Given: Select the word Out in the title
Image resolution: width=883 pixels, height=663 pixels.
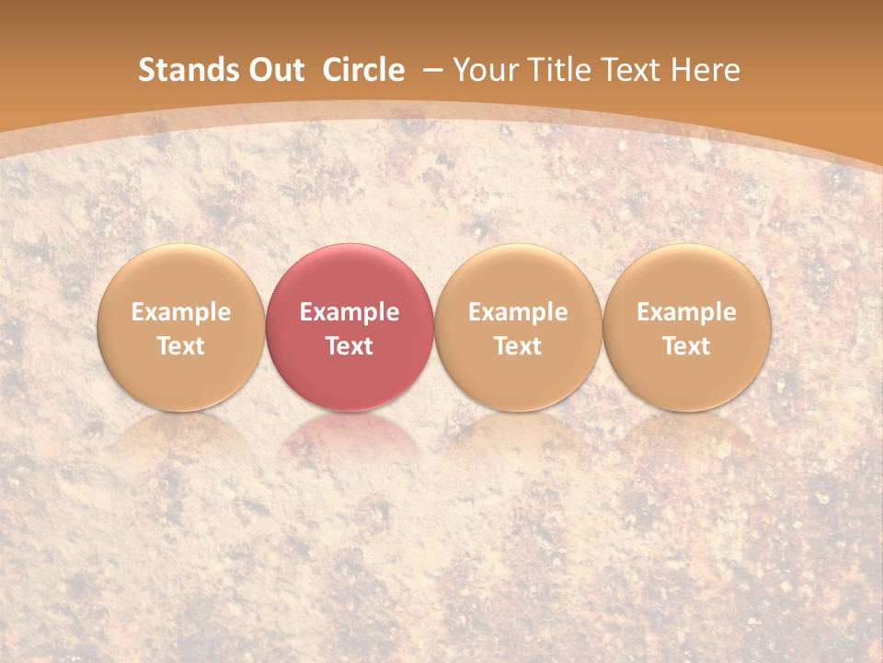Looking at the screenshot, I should [x=274, y=70].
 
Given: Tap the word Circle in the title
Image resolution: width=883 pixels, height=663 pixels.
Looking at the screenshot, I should [x=363, y=70].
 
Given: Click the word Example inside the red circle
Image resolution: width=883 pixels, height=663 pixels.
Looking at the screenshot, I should [x=350, y=312].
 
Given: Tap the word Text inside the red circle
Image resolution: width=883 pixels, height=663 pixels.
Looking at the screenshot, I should [x=350, y=346].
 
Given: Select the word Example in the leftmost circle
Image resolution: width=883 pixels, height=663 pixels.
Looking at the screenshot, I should [x=181, y=312].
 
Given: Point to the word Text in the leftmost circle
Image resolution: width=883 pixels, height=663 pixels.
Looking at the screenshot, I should [x=181, y=346].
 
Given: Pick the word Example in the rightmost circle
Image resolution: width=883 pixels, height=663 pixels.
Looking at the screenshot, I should [x=687, y=312].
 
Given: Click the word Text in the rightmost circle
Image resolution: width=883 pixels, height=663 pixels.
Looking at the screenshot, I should [x=687, y=346].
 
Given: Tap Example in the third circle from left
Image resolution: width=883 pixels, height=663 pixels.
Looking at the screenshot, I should [x=518, y=312].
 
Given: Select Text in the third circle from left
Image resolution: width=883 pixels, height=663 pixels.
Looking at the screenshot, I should [x=518, y=346].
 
